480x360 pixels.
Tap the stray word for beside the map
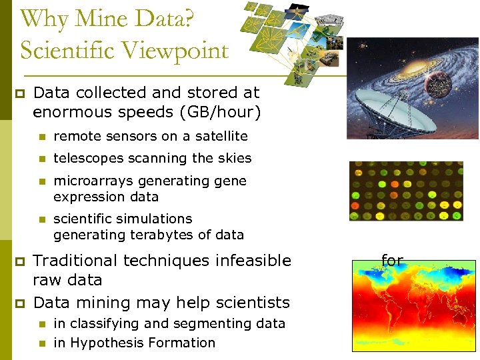tap(392, 261)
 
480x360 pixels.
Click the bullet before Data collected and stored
tap(19, 93)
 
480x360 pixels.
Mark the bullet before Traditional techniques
tap(19, 261)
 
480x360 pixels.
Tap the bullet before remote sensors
tap(41, 137)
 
